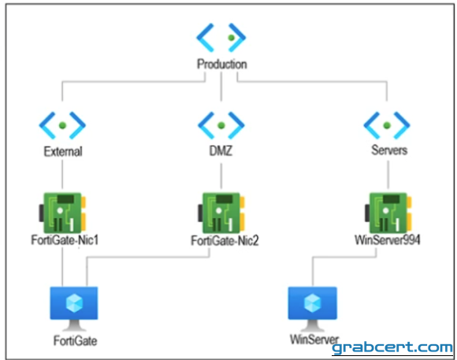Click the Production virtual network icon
(221, 37)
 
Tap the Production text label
(221, 64)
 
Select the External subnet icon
(62, 125)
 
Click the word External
(63, 151)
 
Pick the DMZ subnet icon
(221, 125)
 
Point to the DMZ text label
(221, 150)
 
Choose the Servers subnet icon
(387, 125)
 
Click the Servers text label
(389, 150)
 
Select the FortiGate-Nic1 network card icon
(62, 212)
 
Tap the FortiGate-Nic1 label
(65, 240)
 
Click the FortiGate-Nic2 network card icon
(221, 212)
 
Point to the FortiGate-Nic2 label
(225, 241)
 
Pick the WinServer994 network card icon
(388, 212)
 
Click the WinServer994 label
(388, 240)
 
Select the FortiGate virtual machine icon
(74, 309)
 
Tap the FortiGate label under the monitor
(75, 341)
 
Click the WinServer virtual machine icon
(313, 309)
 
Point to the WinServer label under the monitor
(314, 340)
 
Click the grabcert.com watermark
(392, 347)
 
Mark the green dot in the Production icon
(232, 38)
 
